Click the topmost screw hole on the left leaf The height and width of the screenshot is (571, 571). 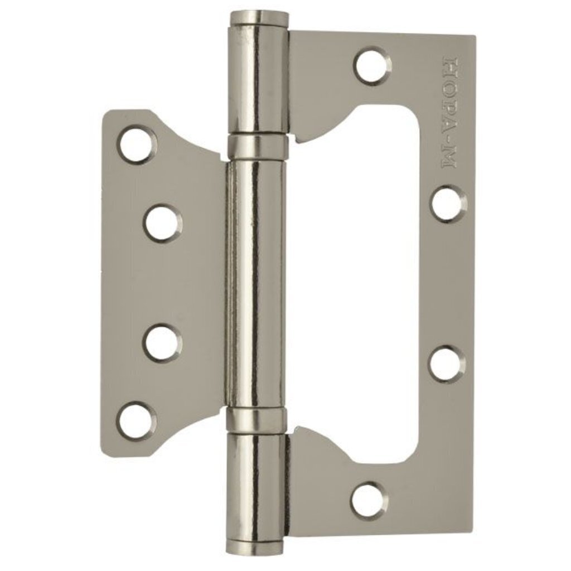click(x=138, y=144)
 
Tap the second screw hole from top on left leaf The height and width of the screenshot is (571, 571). click(x=162, y=223)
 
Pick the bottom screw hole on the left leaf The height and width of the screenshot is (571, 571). click(x=137, y=421)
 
